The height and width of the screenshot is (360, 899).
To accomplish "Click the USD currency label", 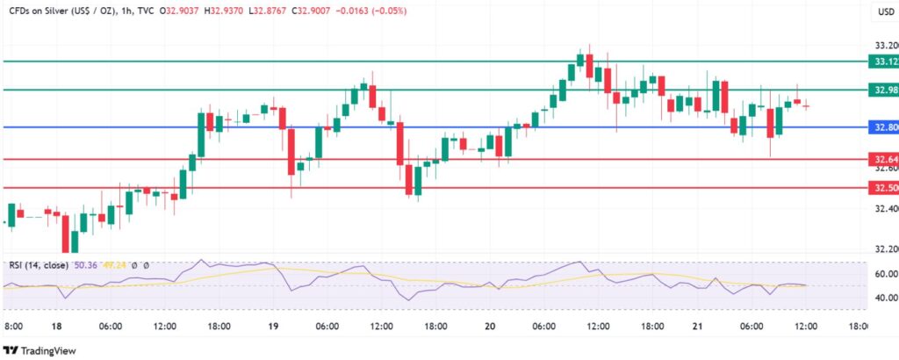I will (x=884, y=11).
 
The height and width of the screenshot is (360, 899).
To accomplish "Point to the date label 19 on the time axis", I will (x=272, y=327).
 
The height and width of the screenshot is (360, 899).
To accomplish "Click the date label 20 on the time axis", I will (x=489, y=327).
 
